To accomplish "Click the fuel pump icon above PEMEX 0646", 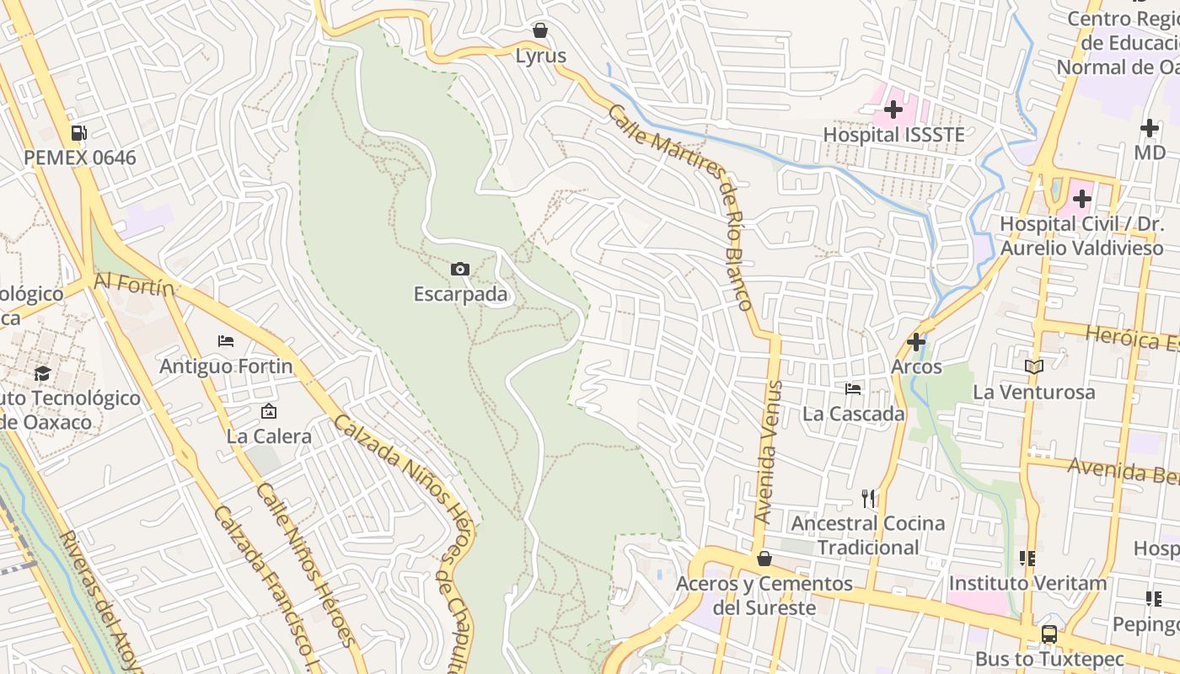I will tap(79, 132).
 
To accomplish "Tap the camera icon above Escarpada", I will tap(460, 269).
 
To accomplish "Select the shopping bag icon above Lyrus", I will tap(540, 31).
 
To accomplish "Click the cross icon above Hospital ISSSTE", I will tap(893, 109).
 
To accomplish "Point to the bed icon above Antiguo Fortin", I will tap(226, 341).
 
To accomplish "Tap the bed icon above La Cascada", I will tap(853, 388).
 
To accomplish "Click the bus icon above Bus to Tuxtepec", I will tap(1049, 634).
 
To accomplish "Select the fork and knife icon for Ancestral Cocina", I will tap(868, 498).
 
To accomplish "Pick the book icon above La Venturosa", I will tap(1034, 366).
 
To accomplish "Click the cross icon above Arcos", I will tap(916, 342).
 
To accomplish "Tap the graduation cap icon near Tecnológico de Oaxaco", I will tap(42, 373).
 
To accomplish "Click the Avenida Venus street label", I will tap(770, 452).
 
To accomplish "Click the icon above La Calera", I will tap(269, 411).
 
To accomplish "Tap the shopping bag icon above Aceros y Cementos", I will tap(764, 559).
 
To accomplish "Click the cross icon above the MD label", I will tap(1150, 128).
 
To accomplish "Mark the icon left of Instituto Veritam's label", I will tap(1027, 558).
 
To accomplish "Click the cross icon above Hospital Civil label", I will tap(1082, 200).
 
